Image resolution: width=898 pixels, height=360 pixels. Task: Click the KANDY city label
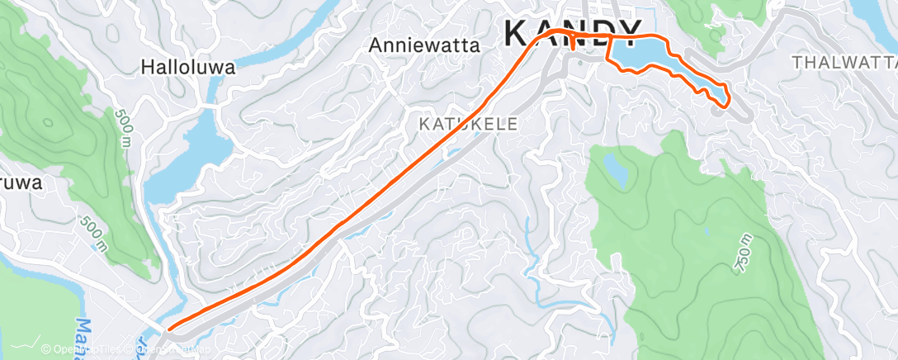point(572,32)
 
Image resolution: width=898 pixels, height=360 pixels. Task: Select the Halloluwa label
point(188,68)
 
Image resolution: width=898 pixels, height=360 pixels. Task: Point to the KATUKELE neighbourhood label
point(468,125)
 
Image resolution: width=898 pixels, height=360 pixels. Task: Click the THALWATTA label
point(844,62)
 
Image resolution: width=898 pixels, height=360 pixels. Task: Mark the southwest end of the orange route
point(168,329)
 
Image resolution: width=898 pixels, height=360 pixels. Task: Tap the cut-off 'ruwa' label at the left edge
point(20,183)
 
